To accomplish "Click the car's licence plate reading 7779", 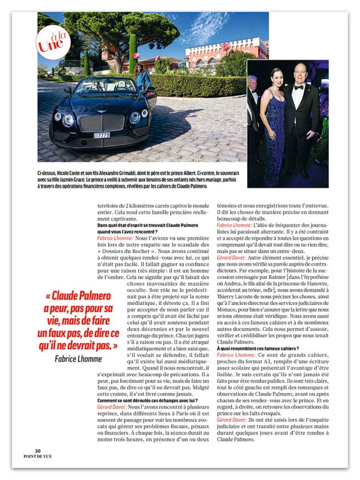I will tap(102, 135).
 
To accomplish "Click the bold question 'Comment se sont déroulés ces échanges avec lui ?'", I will tap(140, 400).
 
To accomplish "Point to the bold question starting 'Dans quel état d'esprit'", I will tap(138, 225).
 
